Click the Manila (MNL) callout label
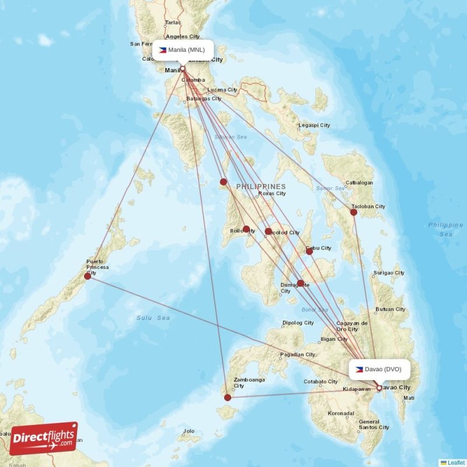[182, 50]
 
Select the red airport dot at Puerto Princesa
[88, 276]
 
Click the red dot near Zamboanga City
[228, 398]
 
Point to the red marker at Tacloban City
[354, 212]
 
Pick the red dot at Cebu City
[309, 251]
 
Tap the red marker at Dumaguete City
[300, 284]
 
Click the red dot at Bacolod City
[268, 231]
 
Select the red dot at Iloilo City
[246, 229]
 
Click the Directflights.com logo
[44, 438]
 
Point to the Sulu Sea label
[154, 318]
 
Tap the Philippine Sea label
[445, 229]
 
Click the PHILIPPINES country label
[261, 187]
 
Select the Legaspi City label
[314, 126]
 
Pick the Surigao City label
[389, 273]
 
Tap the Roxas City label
[272, 193]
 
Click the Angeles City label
[183, 36]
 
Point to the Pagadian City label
[298, 354]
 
